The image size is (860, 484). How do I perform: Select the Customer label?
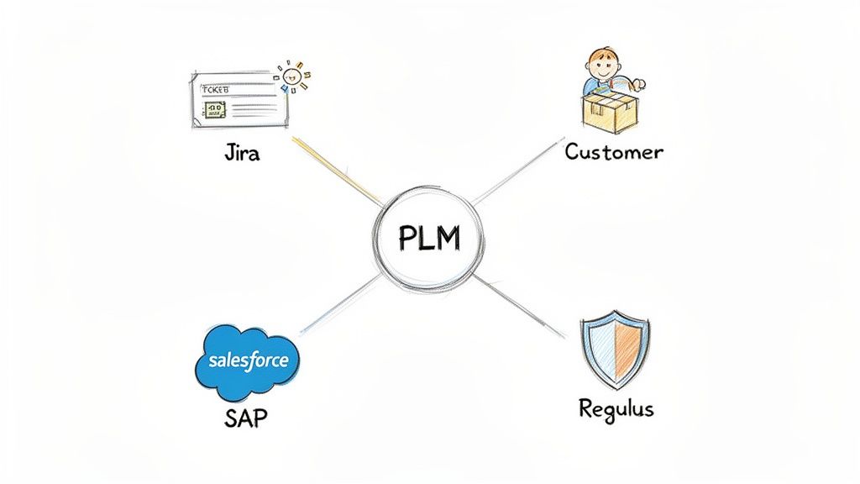coord(614,152)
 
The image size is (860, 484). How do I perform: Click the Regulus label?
coord(616,409)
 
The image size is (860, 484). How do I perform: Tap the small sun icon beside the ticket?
coord(293,76)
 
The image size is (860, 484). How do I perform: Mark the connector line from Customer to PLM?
coord(517,173)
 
